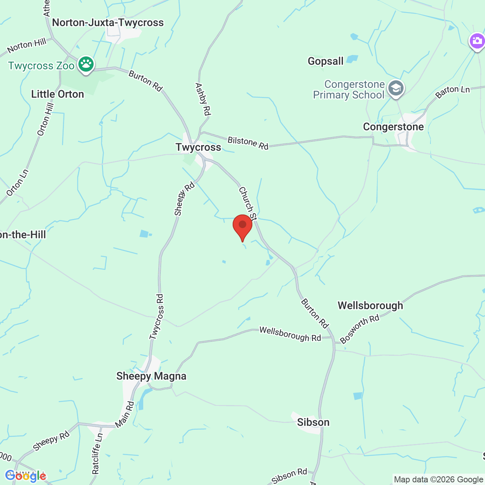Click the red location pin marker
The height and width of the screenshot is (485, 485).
pos(242,226)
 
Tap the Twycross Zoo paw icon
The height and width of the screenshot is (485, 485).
pos(86,65)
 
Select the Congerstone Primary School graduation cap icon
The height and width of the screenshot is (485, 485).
pos(396,89)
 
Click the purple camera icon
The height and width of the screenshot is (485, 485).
pos(477,41)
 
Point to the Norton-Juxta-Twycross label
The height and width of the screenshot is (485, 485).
pos(108,23)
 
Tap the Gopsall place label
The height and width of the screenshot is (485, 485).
pos(325,61)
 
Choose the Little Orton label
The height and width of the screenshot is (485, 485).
pos(58,94)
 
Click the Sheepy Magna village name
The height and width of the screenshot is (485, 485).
pos(151,376)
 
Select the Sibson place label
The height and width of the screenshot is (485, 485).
pos(313,422)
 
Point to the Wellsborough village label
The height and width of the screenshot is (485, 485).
pos(370,305)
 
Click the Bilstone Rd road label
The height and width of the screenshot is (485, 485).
pos(248,143)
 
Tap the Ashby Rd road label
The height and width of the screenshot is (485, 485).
pos(203,99)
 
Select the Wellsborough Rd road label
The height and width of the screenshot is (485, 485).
pos(290,334)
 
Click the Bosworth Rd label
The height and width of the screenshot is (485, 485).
pos(360,329)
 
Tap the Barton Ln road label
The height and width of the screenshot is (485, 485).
pos(452,92)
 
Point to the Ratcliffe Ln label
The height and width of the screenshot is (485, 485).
pos(97,454)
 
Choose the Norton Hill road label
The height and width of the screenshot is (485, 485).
pos(27,45)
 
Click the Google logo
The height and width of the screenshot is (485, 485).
pos(25,476)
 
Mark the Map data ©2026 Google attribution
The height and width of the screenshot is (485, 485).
pos(438,480)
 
